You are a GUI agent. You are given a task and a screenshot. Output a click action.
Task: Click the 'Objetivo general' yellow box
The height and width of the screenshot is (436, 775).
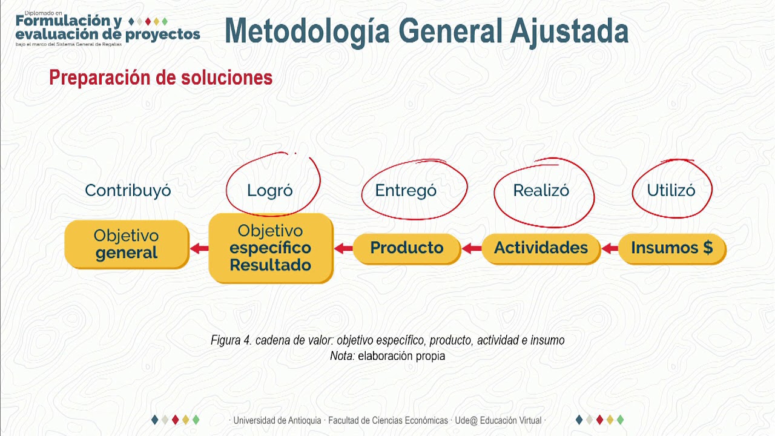click(127, 244)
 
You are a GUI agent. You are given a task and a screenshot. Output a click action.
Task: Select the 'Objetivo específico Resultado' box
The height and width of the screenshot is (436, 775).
click(271, 248)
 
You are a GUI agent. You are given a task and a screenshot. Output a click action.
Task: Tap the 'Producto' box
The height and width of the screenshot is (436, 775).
click(406, 248)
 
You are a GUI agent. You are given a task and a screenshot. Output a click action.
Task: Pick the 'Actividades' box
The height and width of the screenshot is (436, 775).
click(541, 248)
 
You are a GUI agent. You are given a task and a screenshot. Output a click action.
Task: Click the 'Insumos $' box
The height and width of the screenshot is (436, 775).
click(671, 248)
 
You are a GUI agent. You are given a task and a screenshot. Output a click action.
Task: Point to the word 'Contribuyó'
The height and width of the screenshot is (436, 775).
click(128, 190)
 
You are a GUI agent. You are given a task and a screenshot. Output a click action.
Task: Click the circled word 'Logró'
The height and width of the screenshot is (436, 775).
click(270, 191)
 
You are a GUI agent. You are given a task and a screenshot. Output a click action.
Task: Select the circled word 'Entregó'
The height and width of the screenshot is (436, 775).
click(406, 191)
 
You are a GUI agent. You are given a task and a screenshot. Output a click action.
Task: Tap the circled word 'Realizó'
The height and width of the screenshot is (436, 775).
click(541, 191)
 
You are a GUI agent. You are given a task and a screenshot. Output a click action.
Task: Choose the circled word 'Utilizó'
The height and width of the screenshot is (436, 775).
click(671, 191)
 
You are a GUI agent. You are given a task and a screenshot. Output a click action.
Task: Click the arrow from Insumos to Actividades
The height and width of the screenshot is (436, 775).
click(610, 248)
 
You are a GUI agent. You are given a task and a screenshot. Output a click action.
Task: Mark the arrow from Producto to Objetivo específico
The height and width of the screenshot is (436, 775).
click(343, 248)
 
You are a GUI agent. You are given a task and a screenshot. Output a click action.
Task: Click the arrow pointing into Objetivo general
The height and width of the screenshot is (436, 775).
click(199, 248)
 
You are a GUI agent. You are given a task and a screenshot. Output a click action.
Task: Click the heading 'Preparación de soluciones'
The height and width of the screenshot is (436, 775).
click(160, 78)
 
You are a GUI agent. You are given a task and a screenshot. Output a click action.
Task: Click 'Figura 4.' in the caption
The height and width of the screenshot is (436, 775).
click(231, 340)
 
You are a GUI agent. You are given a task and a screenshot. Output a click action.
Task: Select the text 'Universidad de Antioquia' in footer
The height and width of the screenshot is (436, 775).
click(277, 420)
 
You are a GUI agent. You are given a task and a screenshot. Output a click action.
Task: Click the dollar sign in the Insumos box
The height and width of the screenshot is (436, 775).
click(707, 248)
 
